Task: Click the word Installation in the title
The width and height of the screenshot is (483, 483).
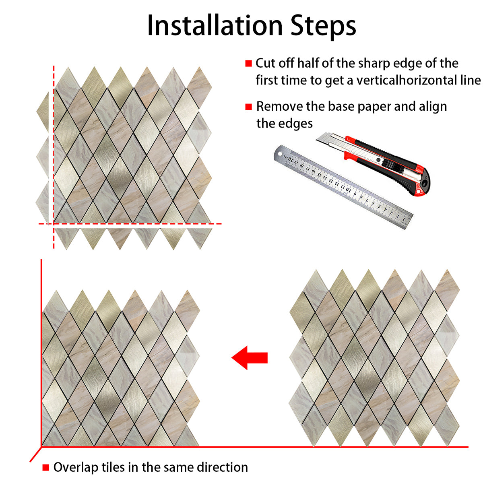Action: click(215, 26)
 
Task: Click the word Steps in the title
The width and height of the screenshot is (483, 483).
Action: click(323, 27)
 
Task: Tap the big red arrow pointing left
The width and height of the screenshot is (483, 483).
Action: click(250, 358)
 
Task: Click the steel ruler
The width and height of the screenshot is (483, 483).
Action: click(343, 187)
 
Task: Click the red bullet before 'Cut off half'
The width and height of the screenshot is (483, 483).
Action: click(248, 64)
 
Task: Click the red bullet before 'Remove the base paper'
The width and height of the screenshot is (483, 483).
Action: click(248, 107)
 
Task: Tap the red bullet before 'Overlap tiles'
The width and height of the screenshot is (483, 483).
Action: click(45, 467)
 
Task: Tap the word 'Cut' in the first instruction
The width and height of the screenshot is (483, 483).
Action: click(266, 63)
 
